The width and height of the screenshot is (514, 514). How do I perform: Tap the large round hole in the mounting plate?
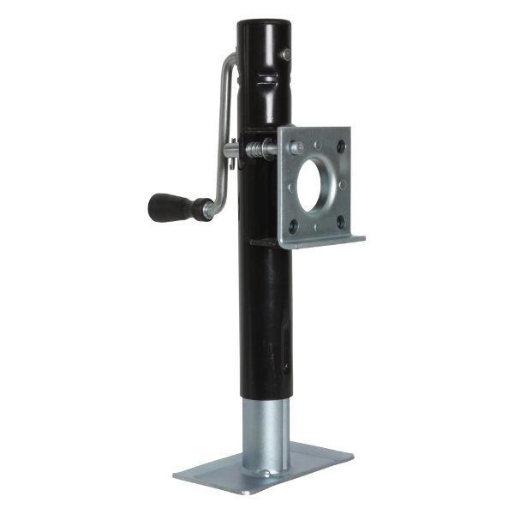click(319, 180)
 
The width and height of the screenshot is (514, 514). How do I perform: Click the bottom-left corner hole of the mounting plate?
click(294, 226)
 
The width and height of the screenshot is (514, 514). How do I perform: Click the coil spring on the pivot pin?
click(254, 150)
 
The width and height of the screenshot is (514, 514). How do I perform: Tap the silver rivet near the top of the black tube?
click(286, 56)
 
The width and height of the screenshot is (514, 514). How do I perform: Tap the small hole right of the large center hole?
click(342, 184)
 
